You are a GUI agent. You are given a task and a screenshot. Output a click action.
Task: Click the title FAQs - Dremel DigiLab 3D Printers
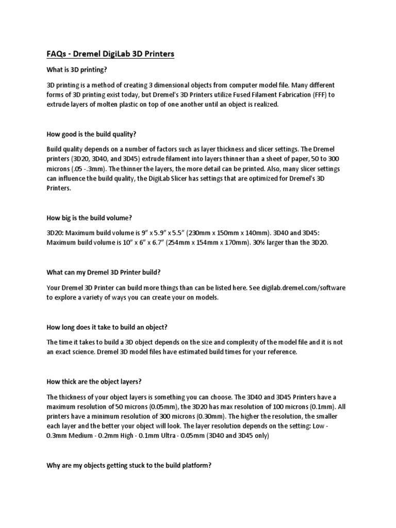point(110,54)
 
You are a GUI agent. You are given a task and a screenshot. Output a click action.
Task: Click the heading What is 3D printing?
point(78,70)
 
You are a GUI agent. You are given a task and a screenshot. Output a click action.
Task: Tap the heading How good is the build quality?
point(91,134)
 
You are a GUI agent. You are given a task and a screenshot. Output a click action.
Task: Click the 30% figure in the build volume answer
point(260,242)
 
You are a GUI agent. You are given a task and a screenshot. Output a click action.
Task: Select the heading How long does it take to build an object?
point(107,327)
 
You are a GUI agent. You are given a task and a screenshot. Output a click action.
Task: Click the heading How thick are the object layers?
point(94,382)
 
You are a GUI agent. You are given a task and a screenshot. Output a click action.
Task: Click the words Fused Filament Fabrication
point(267,94)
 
